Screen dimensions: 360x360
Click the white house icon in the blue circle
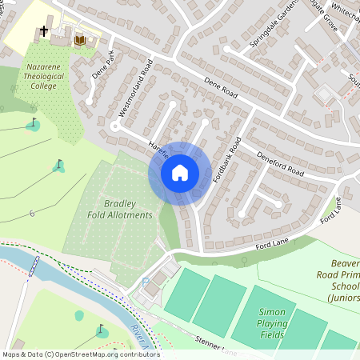click(x=180, y=172)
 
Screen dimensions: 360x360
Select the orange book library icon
click(x=79, y=39)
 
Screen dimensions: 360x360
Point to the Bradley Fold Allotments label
click(x=119, y=209)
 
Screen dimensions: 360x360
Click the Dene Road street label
click(x=220, y=84)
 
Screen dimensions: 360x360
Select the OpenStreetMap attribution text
click(x=80, y=354)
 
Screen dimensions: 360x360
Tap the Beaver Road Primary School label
click(x=341, y=281)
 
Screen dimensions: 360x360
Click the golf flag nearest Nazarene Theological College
click(x=34, y=124)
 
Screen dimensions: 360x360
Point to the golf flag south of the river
click(x=102, y=329)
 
